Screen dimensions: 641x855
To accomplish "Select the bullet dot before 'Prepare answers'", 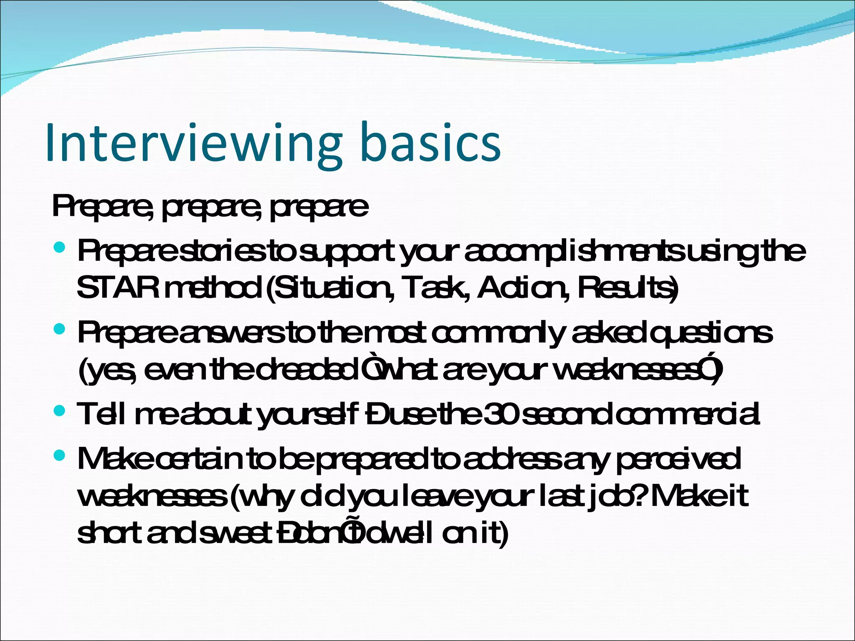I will [x=60, y=330].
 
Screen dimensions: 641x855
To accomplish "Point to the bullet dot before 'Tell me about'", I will [x=60, y=411].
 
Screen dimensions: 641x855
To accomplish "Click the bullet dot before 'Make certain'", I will [x=60, y=455].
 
